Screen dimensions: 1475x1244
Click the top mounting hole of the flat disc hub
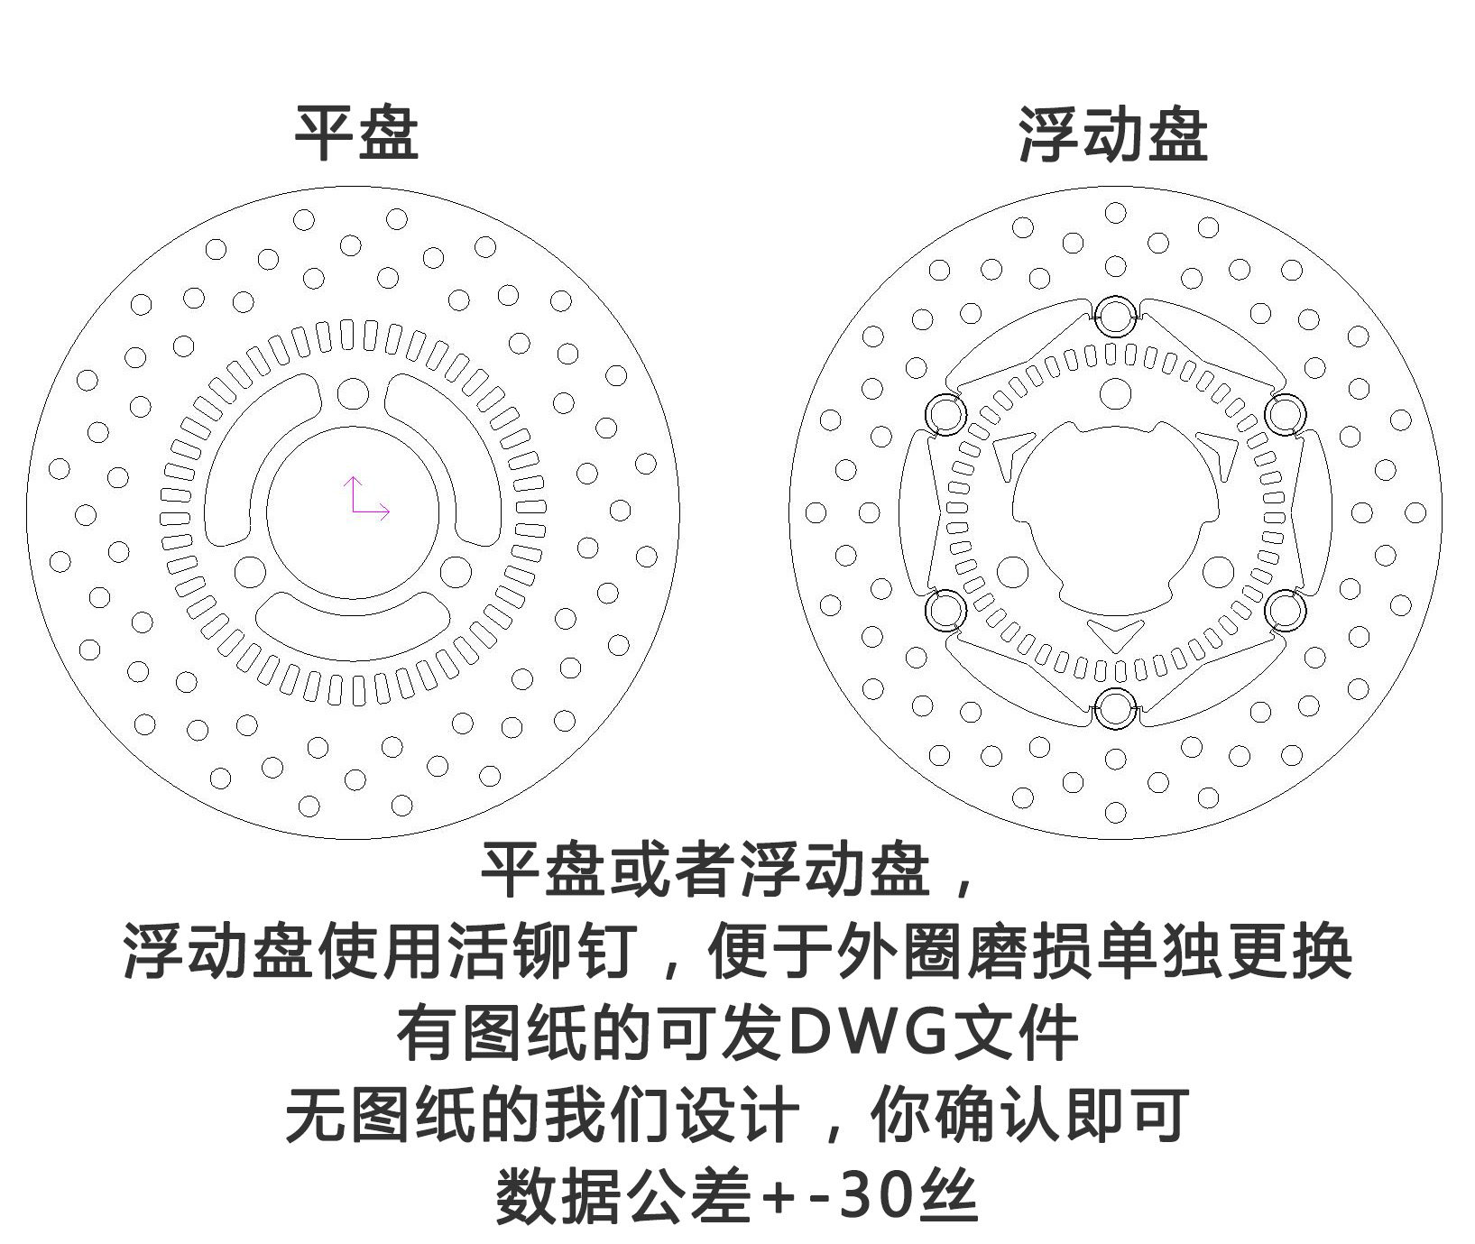pyautogui.click(x=353, y=394)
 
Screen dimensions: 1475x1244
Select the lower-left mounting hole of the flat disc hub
pyautogui.click(x=249, y=572)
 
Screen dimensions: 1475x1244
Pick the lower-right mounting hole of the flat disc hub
pyautogui.click(x=456, y=572)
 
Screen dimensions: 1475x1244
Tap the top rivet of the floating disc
pyautogui.click(x=1116, y=315)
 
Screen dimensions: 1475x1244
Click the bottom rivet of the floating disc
pyautogui.click(x=1116, y=707)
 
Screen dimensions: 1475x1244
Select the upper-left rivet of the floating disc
pyautogui.click(x=946, y=414)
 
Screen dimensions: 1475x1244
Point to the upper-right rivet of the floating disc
pyautogui.click(x=1285, y=414)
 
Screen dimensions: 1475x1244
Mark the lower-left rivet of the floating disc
pyautogui.click(x=946, y=611)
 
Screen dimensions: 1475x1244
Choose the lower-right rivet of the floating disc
pyautogui.click(x=1285, y=611)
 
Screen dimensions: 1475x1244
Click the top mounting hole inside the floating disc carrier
pyautogui.click(x=1116, y=393)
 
